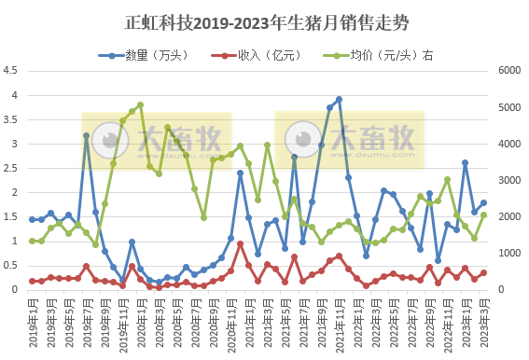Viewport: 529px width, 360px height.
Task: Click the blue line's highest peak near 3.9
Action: pyautogui.click(x=339, y=99)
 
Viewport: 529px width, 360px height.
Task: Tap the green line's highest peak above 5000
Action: pyautogui.click(x=140, y=104)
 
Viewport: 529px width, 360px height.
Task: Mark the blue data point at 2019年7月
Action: pyautogui.click(x=86, y=135)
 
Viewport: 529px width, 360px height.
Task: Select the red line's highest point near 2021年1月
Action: pyautogui.click(x=240, y=243)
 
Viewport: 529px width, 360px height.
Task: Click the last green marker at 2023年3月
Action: pyautogui.click(x=483, y=215)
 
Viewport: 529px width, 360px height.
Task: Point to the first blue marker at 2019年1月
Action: pyautogui.click(x=33, y=219)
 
